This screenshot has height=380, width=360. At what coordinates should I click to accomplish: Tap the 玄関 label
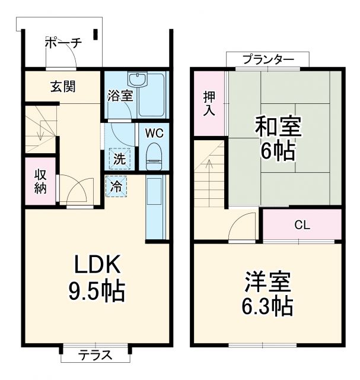[x=62, y=87]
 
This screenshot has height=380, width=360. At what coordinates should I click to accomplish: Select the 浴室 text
[x=120, y=96]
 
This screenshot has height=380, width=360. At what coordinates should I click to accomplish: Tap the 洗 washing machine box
[x=119, y=159]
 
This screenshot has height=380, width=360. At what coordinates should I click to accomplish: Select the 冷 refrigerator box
[x=116, y=186]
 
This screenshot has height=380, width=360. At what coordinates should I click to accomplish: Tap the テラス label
[x=95, y=356]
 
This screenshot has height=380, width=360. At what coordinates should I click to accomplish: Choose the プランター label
[x=268, y=59]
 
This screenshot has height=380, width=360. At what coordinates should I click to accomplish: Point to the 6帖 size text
[x=277, y=152]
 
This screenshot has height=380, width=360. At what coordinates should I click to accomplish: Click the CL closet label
[x=302, y=225]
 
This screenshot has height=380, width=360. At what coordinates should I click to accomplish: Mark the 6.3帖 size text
[x=268, y=306]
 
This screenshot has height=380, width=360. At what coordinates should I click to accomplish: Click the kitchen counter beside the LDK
[x=155, y=208]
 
